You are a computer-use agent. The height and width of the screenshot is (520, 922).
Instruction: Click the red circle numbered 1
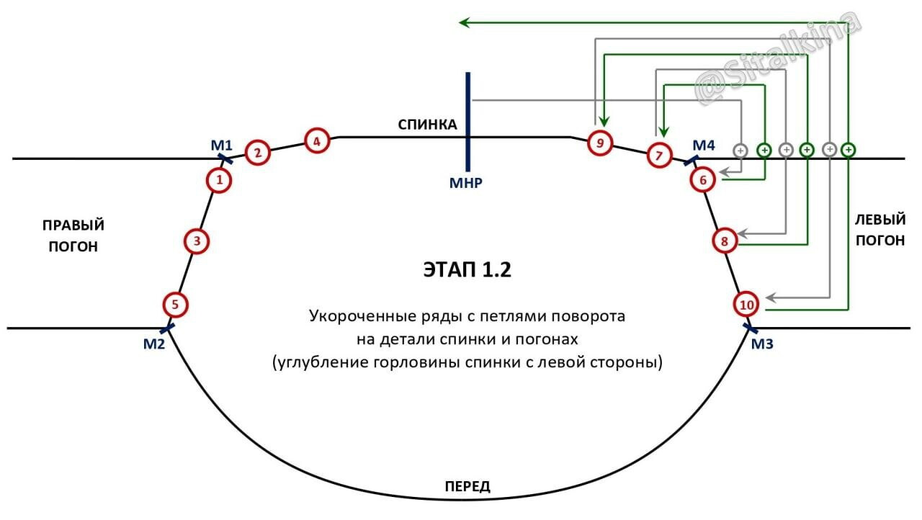tap(219, 180)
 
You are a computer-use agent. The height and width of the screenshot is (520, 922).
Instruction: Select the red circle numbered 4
tap(317, 141)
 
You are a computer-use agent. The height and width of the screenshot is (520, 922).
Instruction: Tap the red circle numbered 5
tap(175, 305)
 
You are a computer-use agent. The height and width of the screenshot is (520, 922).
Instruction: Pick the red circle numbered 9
tap(600, 143)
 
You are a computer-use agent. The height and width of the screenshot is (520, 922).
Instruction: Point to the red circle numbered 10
tap(746, 305)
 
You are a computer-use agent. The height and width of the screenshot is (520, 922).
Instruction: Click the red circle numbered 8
tap(725, 241)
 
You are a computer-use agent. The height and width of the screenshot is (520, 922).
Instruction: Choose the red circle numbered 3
tap(197, 241)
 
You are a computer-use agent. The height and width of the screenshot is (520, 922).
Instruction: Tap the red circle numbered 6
tap(702, 180)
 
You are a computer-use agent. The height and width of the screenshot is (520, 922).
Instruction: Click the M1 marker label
tap(221, 145)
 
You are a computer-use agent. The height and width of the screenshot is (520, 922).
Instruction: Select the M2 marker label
tap(154, 344)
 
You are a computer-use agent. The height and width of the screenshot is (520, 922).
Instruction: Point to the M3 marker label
tap(762, 344)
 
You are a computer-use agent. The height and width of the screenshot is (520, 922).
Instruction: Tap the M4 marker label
tap(704, 145)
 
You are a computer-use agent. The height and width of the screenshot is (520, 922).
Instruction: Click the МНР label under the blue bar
tap(465, 183)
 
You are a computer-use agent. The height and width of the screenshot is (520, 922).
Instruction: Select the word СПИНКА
tap(427, 125)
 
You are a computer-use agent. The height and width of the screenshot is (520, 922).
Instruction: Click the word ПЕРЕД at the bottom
tap(467, 487)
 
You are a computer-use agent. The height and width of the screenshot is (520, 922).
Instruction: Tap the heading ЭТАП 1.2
tap(467, 270)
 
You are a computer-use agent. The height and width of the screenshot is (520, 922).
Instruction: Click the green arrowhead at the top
tap(465, 22)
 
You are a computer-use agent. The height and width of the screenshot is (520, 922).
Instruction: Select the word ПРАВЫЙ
tap(73, 225)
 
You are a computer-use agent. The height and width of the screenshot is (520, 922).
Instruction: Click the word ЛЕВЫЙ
tap(880, 220)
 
